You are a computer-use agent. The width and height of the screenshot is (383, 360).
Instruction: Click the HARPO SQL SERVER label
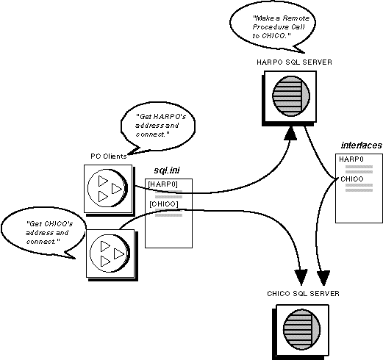pyautogui.click(x=294, y=62)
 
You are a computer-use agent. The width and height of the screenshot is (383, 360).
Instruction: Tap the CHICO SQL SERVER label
pyautogui.click(x=303, y=293)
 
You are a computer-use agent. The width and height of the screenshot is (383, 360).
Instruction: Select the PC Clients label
pyautogui.click(x=109, y=156)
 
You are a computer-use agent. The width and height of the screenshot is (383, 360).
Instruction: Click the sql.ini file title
pyautogui.click(x=167, y=170)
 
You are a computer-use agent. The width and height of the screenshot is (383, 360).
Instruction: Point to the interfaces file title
pyautogui.click(x=362, y=145)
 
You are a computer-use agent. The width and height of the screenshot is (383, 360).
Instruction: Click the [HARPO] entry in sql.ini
pyautogui.click(x=162, y=184)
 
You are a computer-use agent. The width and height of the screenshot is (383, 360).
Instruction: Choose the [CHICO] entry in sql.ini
pyautogui.click(x=164, y=204)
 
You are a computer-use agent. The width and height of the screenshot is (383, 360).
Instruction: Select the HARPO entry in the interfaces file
pyautogui.click(x=351, y=159)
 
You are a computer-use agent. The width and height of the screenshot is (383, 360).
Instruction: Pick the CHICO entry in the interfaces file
pyautogui.click(x=352, y=179)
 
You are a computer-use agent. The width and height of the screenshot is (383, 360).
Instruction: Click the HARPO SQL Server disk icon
pyautogui.click(x=291, y=96)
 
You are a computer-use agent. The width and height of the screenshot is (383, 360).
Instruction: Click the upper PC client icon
pyautogui.click(x=108, y=188)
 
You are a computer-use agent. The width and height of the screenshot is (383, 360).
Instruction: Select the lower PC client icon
pyautogui.click(x=110, y=253)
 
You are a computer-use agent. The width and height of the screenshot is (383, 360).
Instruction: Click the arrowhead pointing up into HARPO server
pyautogui.click(x=290, y=134)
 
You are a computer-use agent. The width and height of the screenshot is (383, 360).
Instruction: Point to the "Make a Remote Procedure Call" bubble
pyautogui.click(x=273, y=28)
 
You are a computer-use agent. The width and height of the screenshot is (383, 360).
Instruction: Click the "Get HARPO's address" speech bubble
pyautogui.click(x=158, y=127)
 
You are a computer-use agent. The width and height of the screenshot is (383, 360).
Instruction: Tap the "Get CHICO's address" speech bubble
pyautogui.click(x=43, y=231)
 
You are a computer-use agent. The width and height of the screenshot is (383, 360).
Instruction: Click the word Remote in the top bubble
pyautogui.click(x=296, y=18)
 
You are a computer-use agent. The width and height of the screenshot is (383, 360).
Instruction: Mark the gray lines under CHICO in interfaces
pyautogui.click(x=359, y=187)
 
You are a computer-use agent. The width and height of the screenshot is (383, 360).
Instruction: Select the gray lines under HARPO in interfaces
pyautogui.click(x=359, y=170)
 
